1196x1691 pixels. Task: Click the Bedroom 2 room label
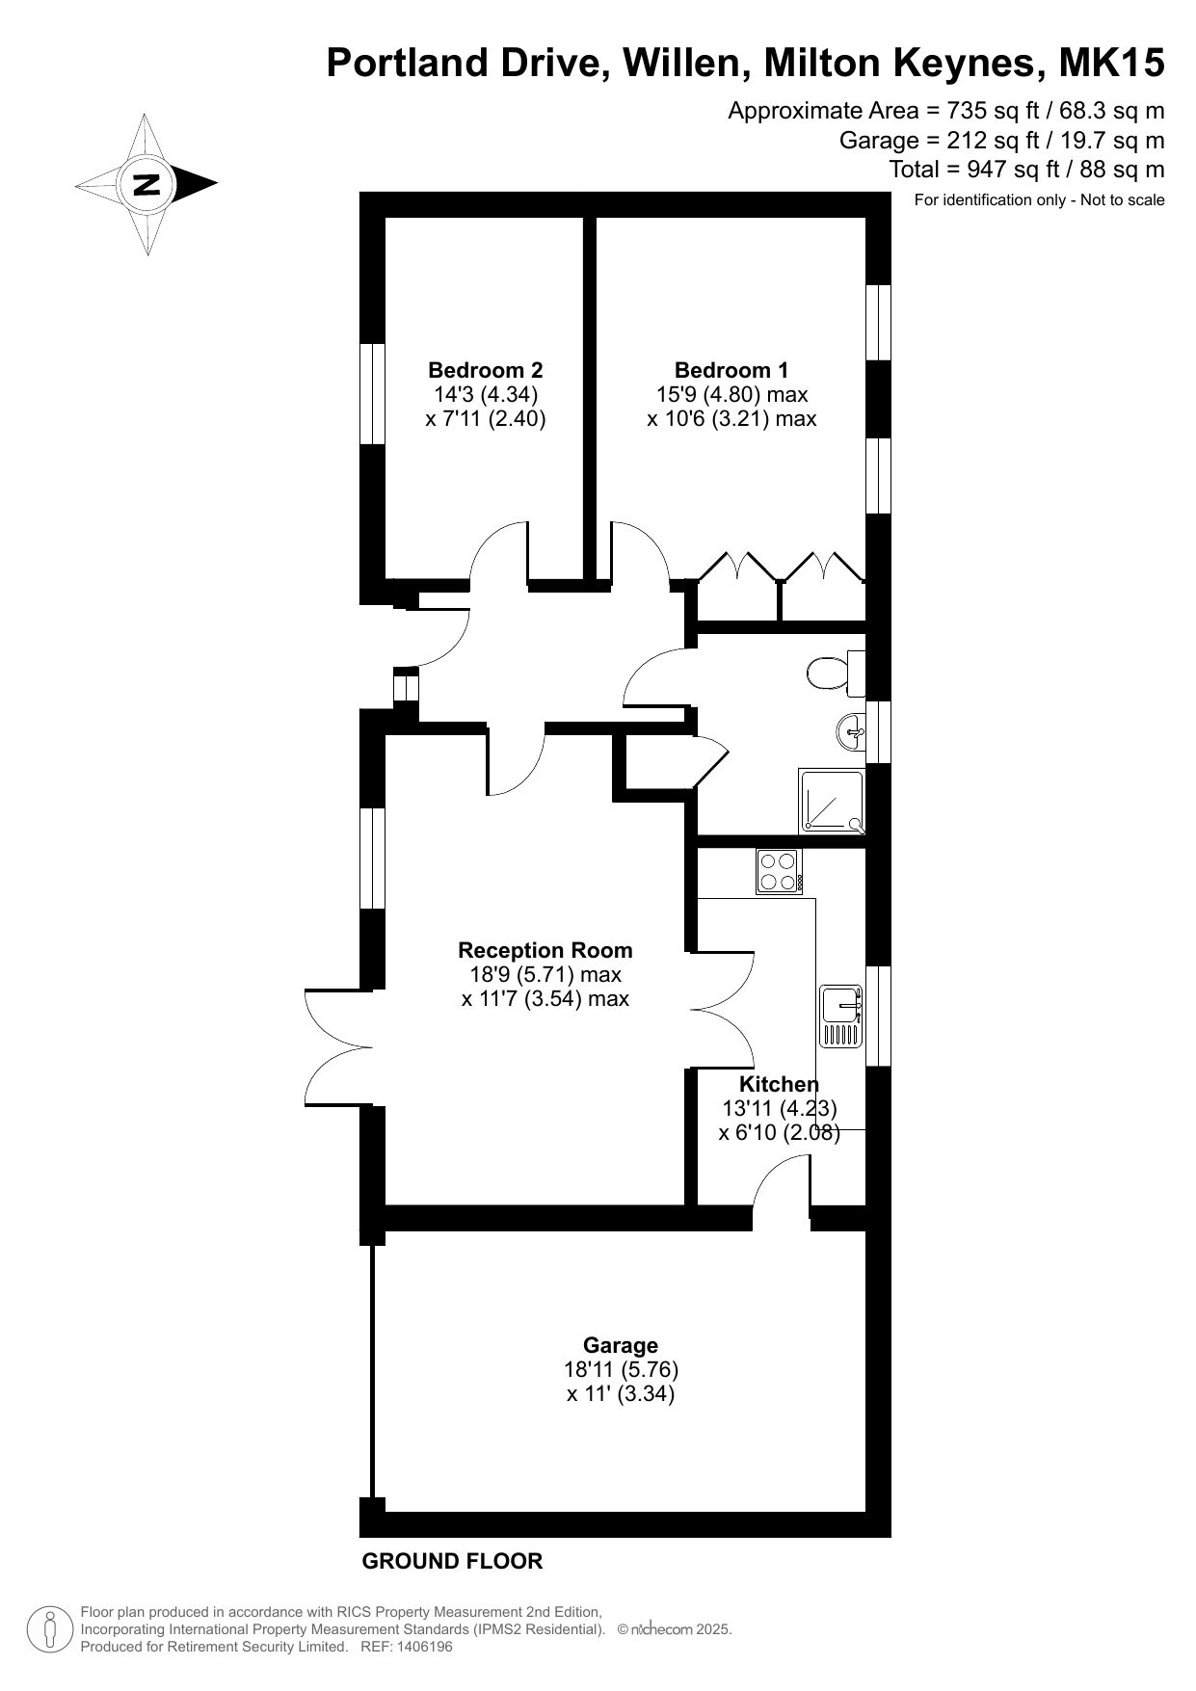[x=486, y=370]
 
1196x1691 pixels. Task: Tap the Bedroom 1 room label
[x=731, y=370]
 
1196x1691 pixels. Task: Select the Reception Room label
[x=545, y=950]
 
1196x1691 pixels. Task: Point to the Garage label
[x=621, y=1346]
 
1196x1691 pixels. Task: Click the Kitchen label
[x=779, y=1084]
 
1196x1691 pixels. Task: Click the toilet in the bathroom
[x=835, y=673]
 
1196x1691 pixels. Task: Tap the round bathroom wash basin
[x=852, y=732]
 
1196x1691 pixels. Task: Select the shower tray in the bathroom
[x=831, y=801]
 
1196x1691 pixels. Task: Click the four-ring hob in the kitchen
[x=780, y=871]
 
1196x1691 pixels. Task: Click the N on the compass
[x=146, y=183]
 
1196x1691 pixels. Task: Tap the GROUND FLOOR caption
[x=452, y=1561]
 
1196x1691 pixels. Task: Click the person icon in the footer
[x=49, y=1629]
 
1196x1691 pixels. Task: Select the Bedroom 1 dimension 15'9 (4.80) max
[x=731, y=394]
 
